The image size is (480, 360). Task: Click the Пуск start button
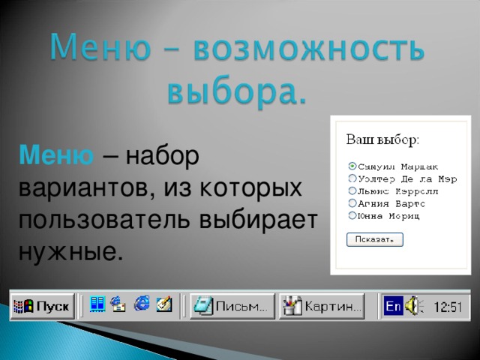(x=42, y=307)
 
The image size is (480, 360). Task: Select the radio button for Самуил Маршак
(x=352, y=166)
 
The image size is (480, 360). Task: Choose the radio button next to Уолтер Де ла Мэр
(x=352, y=178)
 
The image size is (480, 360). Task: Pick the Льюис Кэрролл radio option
(x=352, y=190)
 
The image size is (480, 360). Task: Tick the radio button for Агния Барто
(x=352, y=203)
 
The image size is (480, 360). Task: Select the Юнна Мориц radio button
(x=352, y=215)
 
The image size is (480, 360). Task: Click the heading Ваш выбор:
(x=382, y=139)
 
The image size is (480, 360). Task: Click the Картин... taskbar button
(x=322, y=307)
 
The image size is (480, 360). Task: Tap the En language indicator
(x=392, y=306)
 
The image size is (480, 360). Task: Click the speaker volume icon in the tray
(x=415, y=306)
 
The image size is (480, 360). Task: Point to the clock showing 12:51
(x=448, y=307)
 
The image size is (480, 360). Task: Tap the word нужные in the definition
(x=68, y=251)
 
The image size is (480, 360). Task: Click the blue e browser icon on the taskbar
(x=142, y=304)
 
